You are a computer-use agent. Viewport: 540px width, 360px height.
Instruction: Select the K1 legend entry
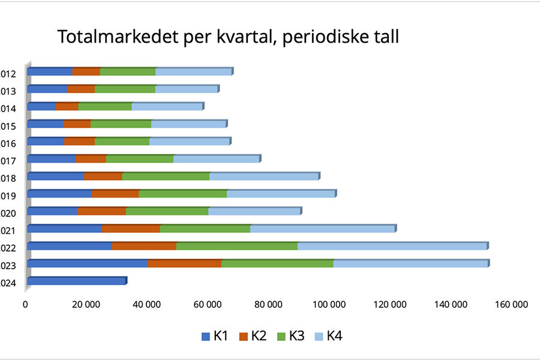coord(214,336)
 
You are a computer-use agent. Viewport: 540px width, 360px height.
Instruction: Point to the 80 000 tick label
coord(269,305)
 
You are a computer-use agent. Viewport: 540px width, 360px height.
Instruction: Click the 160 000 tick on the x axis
coord(511,305)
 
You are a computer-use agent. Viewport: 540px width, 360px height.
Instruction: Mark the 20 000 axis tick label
coord(86,305)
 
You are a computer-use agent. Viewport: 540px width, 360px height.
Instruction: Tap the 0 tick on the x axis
coord(26,305)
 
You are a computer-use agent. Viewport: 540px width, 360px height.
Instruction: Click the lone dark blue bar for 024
coord(77,280)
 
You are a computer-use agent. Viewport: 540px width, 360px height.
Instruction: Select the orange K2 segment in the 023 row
coord(184,263)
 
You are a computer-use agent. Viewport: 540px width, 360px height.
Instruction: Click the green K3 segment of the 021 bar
coord(205,229)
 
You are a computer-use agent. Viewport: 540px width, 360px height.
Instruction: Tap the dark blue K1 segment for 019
coord(59,194)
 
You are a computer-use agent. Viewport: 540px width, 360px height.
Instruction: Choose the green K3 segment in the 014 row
coord(104,107)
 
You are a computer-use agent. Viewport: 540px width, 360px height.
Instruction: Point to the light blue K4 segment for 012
coord(193,72)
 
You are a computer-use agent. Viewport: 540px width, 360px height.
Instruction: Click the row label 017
coord(8,161)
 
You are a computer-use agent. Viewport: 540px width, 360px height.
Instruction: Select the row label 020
coord(8,213)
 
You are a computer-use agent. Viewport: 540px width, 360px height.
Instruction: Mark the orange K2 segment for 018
coord(103,176)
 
